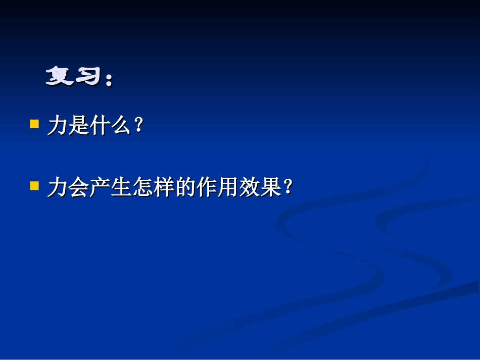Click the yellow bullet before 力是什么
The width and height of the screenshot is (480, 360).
pos(34,124)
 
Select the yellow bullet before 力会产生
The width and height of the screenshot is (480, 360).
pos(34,186)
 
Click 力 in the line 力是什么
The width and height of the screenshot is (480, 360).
pos(57,126)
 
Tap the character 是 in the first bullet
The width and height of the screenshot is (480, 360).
pos(78,126)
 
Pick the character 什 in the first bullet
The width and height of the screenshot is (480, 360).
pos(100,126)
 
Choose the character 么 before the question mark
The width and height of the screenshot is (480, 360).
pos(121,126)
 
